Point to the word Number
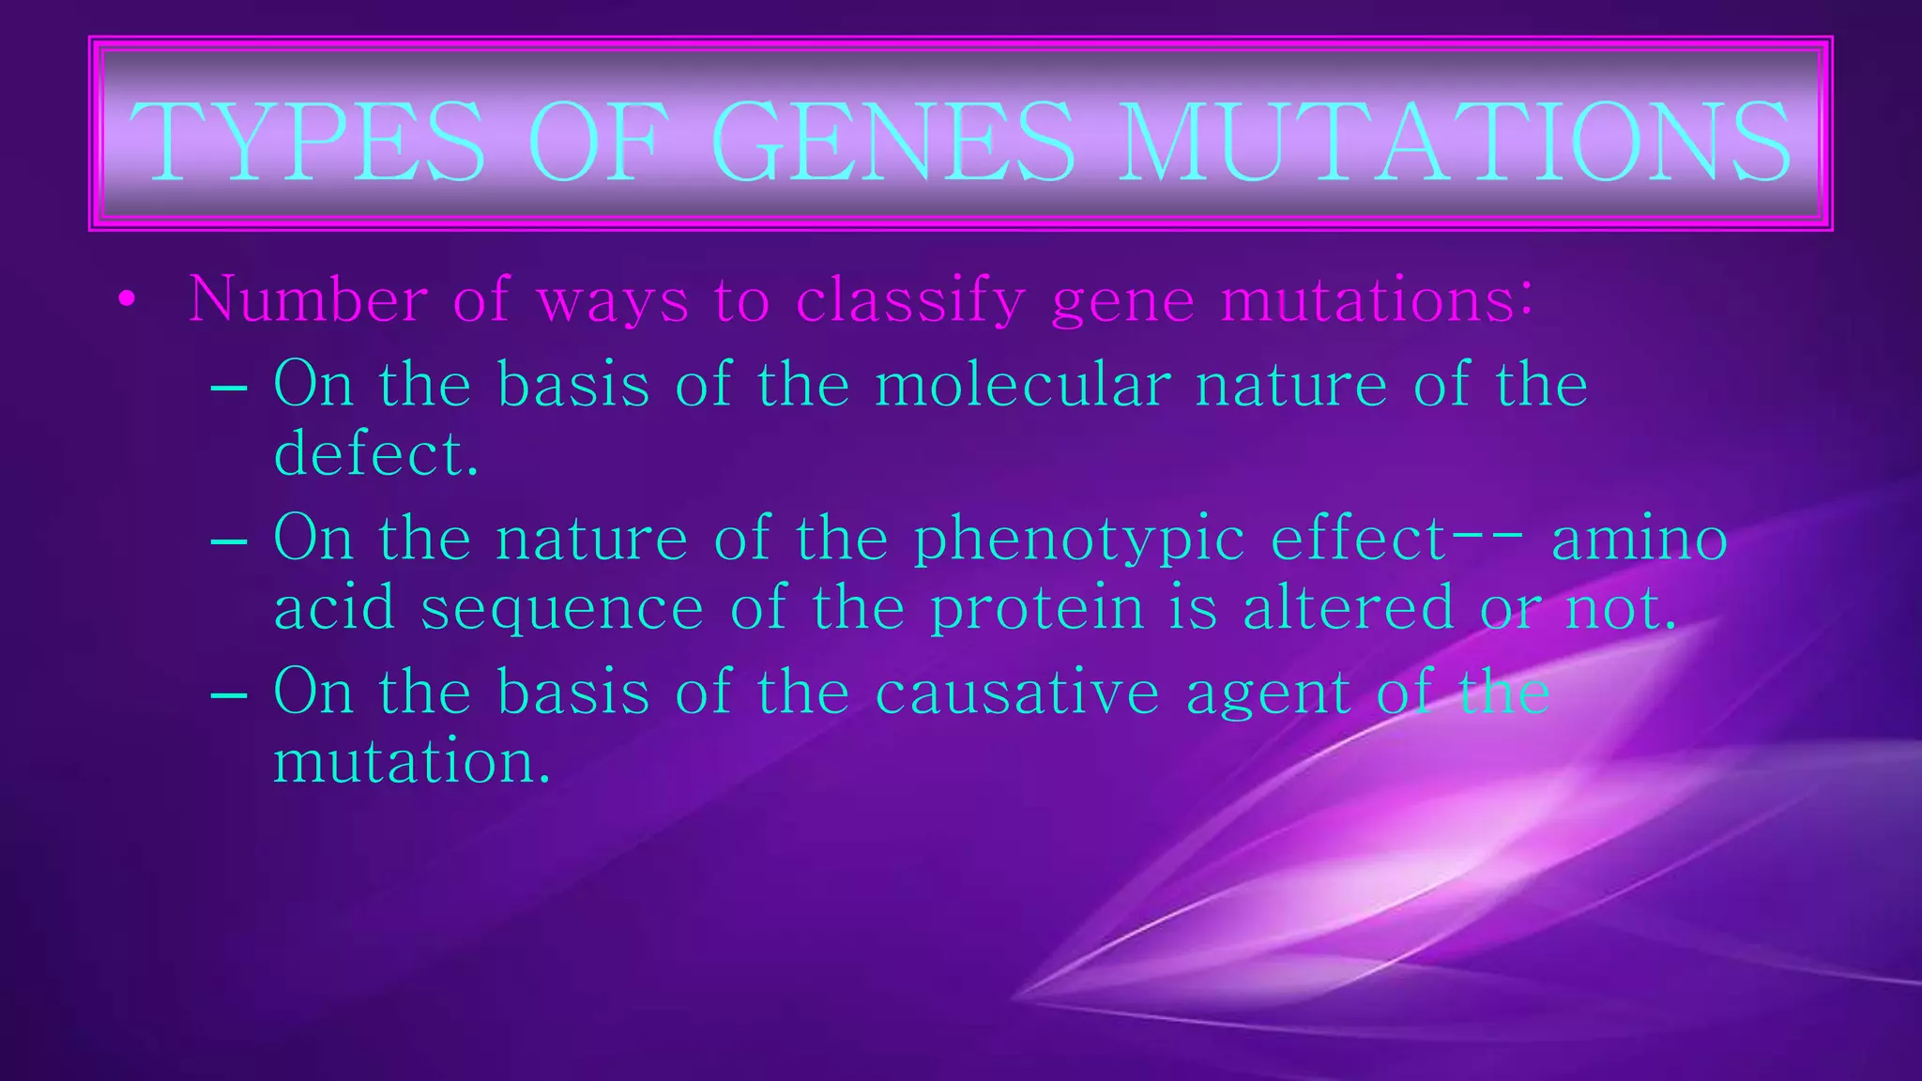(x=308, y=300)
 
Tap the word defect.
(x=376, y=454)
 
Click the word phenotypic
(x=1079, y=540)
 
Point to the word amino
(x=1639, y=539)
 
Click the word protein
(x=1037, y=608)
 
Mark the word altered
(x=1349, y=607)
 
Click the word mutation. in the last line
(x=411, y=761)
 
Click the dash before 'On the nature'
(x=229, y=541)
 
